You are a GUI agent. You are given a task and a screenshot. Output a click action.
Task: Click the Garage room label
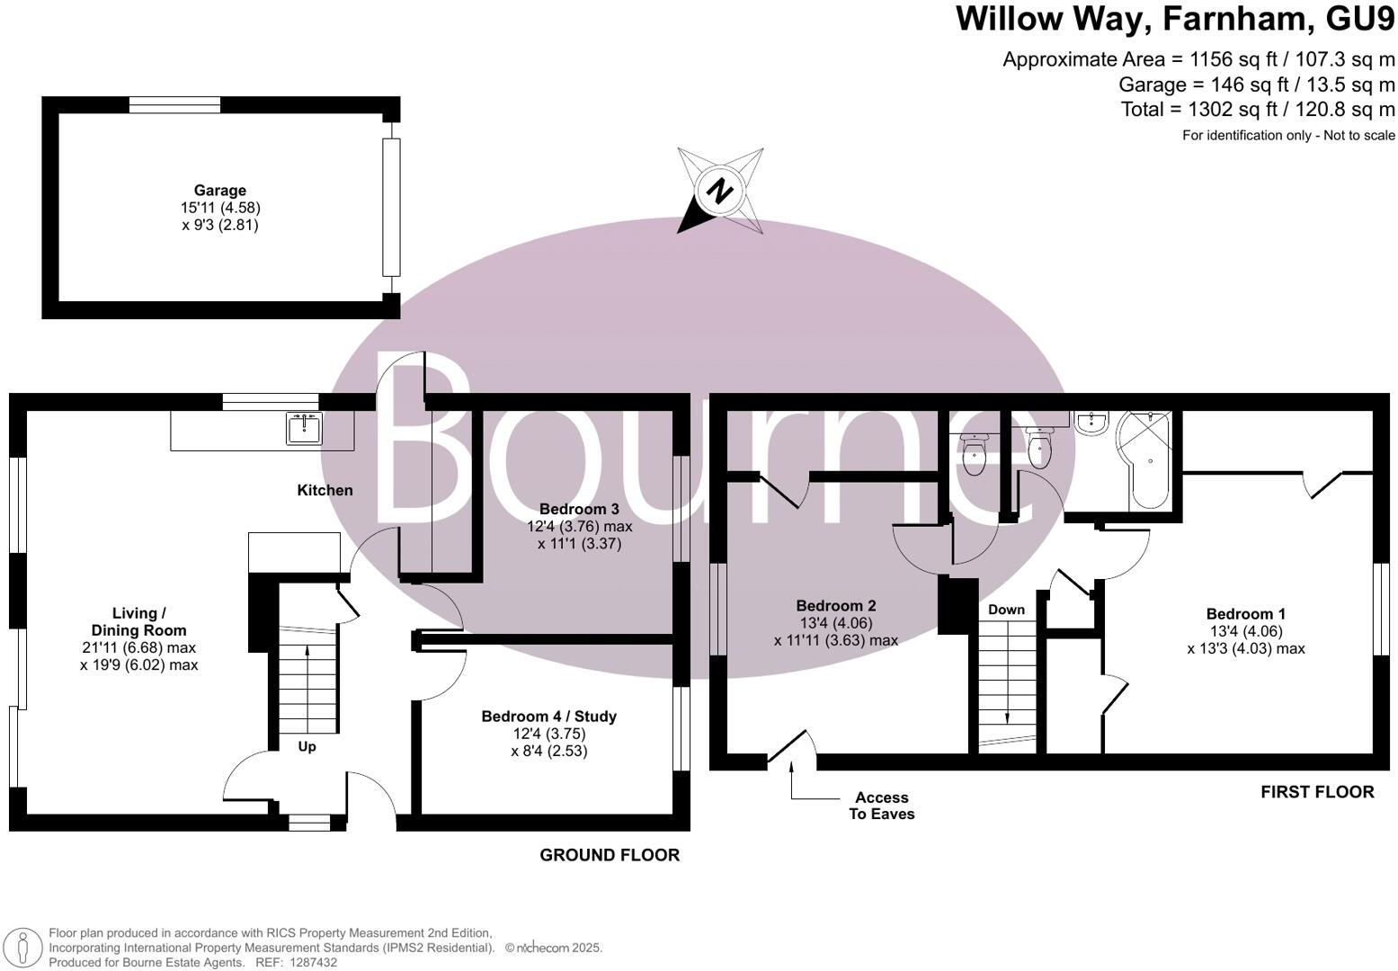click(219, 191)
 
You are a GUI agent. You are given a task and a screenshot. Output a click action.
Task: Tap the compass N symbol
click(719, 192)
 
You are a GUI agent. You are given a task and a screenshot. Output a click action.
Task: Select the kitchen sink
click(305, 428)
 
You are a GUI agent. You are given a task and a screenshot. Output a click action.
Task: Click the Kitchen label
click(325, 490)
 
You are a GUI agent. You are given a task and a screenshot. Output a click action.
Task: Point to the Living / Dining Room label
click(138, 621)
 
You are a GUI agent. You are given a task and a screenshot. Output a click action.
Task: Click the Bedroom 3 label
click(579, 509)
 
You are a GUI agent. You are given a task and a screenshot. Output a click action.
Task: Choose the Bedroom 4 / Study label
click(548, 717)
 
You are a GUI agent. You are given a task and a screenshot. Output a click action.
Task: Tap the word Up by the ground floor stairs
click(307, 746)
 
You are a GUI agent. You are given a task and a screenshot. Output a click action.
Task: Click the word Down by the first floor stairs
click(1006, 610)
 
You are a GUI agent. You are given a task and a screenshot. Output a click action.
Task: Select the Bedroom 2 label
click(835, 606)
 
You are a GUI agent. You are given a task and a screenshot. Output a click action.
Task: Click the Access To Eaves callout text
click(881, 806)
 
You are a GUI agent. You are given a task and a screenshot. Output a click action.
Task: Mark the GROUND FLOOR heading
click(609, 855)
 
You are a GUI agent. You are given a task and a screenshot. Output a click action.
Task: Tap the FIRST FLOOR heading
click(1316, 792)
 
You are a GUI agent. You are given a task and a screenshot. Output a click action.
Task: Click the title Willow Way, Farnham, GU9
click(1175, 19)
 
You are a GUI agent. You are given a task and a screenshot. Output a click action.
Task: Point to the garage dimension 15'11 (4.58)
click(219, 208)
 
